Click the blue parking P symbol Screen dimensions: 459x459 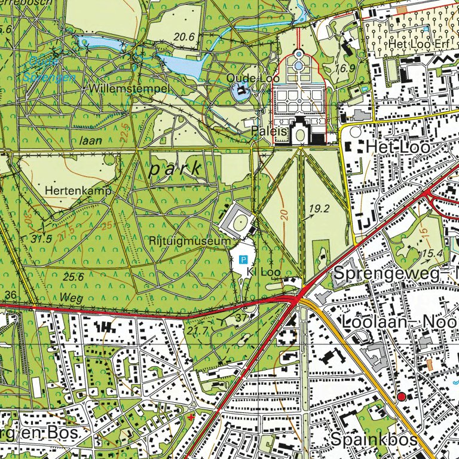coord(243,259)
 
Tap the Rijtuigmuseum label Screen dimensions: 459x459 coord(190,241)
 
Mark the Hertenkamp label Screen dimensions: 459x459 coord(78,191)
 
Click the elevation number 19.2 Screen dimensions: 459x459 coord(320,209)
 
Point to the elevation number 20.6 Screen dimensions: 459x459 coord(185,37)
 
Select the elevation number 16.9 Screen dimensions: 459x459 coord(345,68)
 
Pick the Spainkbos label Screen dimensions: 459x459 coord(374,439)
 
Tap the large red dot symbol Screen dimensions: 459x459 coord(401,396)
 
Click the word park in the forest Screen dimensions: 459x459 coord(176,169)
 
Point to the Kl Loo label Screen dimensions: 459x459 coord(264,272)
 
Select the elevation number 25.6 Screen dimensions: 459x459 coord(72,276)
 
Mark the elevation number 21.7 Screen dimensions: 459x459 coord(197,329)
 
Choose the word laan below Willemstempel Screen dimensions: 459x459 coord(90,140)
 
